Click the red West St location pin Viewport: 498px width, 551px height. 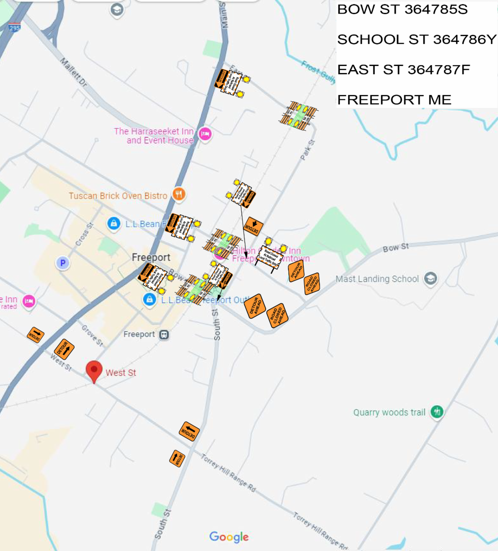tap(94, 370)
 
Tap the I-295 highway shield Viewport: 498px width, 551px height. tap(15, 28)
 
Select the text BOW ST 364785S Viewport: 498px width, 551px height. tap(402, 10)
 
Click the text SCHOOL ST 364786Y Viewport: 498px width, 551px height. tap(416, 39)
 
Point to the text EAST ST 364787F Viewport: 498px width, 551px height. tap(403, 70)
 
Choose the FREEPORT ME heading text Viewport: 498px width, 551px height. tap(394, 100)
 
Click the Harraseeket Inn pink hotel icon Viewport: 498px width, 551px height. tap(205, 134)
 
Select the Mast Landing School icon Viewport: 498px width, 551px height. tap(431, 278)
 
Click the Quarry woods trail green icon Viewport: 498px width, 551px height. tap(437, 412)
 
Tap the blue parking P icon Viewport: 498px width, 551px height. tap(63, 263)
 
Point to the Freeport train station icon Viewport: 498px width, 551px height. tap(164, 334)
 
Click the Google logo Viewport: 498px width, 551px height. tap(229, 536)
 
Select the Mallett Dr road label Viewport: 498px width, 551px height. tap(73, 73)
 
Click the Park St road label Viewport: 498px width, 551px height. tap(308, 150)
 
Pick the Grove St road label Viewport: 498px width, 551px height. tap(92, 335)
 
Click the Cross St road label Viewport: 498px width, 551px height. tap(85, 234)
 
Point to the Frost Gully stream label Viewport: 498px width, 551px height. tap(318, 72)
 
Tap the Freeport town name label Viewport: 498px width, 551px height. tap(151, 257)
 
